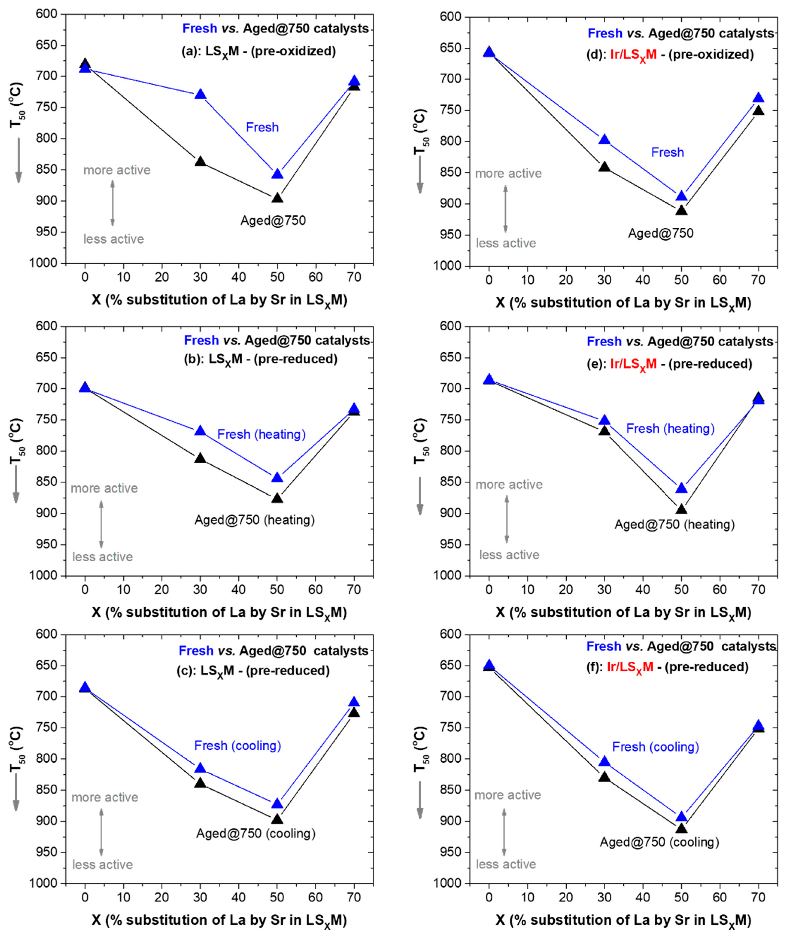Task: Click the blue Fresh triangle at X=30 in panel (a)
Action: tap(200, 94)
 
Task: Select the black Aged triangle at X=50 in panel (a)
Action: tap(277, 198)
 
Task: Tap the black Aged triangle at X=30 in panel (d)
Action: tap(604, 167)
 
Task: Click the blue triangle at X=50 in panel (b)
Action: tap(277, 477)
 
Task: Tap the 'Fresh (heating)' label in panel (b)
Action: tap(261, 434)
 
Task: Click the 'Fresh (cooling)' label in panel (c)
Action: tap(238, 745)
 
